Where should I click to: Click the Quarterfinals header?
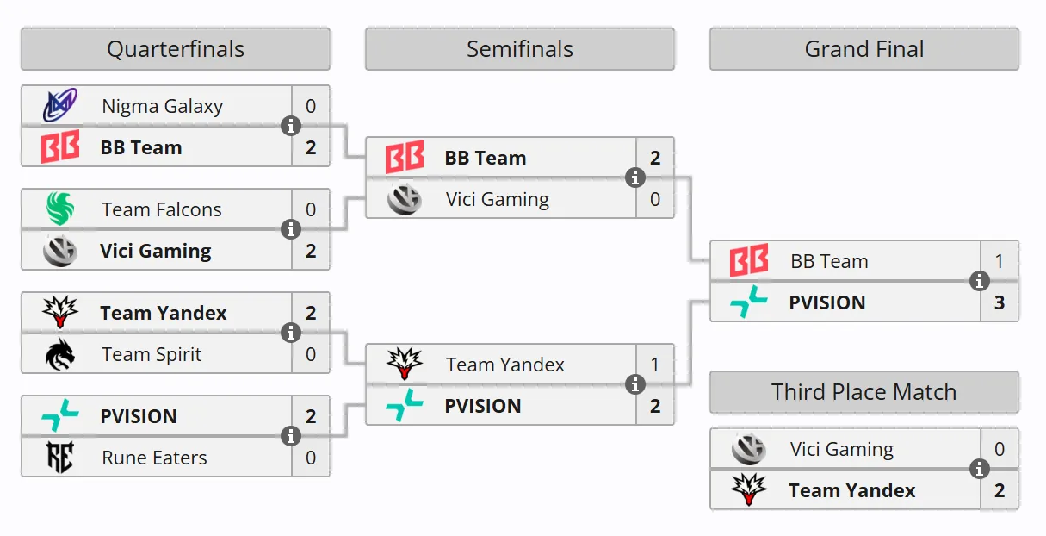(x=176, y=49)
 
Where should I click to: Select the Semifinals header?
(x=520, y=49)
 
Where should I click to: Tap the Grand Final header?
(x=863, y=49)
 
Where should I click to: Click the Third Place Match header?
(x=863, y=392)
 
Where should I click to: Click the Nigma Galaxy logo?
(x=60, y=105)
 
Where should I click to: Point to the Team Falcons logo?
(x=60, y=209)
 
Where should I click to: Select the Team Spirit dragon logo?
(x=60, y=354)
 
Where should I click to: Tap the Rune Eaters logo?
(x=60, y=457)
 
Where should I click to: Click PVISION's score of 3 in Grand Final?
(x=1000, y=302)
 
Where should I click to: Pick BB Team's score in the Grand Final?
(x=1000, y=261)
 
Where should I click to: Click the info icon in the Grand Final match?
(x=979, y=281)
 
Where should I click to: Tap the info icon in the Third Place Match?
(x=979, y=469)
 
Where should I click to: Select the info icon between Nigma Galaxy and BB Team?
(x=290, y=126)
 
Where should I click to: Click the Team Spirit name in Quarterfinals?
(x=152, y=354)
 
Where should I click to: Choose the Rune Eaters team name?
(x=154, y=458)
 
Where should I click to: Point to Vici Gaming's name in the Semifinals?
(x=498, y=200)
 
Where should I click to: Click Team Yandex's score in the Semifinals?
(x=654, y=365)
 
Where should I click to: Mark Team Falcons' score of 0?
(x=311, y=209)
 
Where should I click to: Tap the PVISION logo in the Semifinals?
(x=405, y=405)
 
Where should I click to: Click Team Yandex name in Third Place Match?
(x=852, y=490)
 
